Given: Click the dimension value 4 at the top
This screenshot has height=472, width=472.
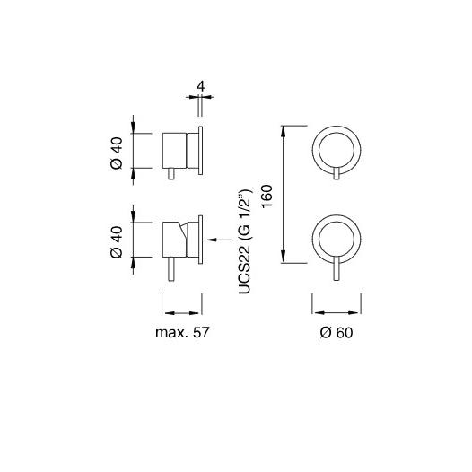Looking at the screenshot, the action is click(x=201, y=87).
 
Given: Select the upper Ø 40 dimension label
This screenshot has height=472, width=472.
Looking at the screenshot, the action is click(x=117, y=153).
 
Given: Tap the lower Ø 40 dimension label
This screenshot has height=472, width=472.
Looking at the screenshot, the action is click(x=117, y=242).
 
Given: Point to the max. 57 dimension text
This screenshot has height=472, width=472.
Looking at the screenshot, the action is click(x=182, y=333).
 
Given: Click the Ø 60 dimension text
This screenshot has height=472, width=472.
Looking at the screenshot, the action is click(x=337, y=333).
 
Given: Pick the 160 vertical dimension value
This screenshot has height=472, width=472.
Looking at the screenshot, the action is click(x=267, y=197).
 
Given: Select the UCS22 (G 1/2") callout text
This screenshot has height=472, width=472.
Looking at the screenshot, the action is click(x=244, y=241).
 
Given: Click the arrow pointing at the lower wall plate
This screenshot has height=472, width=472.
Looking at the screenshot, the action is click(x=219, y=240).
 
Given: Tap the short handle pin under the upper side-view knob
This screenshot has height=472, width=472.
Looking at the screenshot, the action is click(x=171, y=174).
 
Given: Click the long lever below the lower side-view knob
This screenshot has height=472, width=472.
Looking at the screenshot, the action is click(x=171, y=269).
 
